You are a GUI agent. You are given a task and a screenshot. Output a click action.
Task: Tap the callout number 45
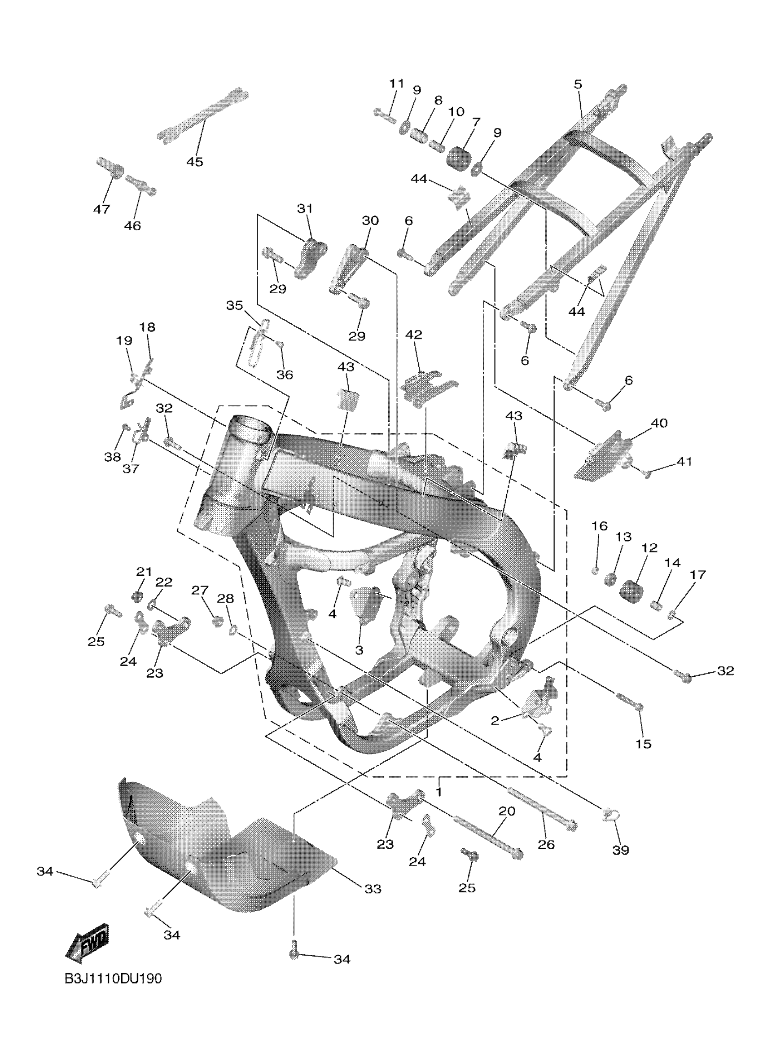(x=195, y=162)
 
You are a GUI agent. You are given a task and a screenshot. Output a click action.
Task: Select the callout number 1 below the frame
(x=439, y=789)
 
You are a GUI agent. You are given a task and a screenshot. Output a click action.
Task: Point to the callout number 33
(x=373, y=889)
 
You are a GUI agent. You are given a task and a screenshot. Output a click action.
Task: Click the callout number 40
(x=659, y=423)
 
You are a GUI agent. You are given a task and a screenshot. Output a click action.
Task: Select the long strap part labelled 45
(x=203, y=116)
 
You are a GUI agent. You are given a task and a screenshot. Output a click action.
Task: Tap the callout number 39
(x=620, y=850)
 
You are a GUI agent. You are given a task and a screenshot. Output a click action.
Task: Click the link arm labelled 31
(x=310, y=257)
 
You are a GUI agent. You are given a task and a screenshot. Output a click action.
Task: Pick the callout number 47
(x=102, y=209)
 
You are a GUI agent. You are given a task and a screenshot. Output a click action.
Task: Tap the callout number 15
(x=643, y=744)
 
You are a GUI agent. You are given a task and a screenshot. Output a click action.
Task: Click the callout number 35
(x=235, y=305)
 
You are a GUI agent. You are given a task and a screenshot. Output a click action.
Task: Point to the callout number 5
(x=578, y=84)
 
